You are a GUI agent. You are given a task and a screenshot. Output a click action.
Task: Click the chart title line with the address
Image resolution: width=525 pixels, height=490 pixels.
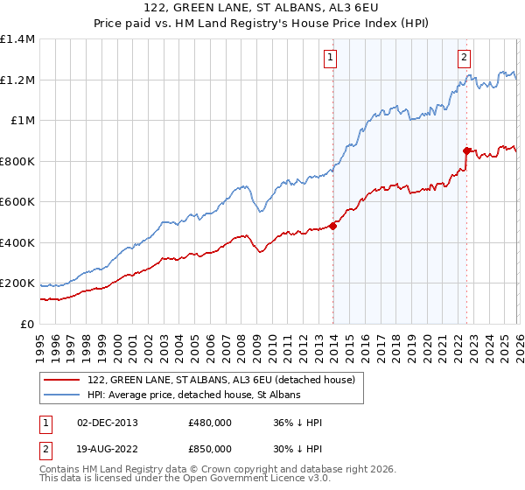tap(262, 8)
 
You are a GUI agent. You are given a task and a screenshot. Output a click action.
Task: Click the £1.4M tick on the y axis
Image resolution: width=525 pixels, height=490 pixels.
tap(17, 39)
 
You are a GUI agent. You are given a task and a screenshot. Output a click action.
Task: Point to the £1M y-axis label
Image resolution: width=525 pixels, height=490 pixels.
tap(22, 121)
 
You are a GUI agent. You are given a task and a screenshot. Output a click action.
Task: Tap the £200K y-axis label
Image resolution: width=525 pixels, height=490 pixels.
tap(17, 283)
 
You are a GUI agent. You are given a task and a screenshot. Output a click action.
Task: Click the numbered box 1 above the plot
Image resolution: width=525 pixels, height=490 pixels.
tap(331, 59)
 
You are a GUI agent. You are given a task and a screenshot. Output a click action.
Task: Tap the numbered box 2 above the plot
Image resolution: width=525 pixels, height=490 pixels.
tap(463, 59)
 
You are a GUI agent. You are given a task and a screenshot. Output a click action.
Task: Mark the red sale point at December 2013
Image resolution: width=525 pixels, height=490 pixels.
tap(333, 227)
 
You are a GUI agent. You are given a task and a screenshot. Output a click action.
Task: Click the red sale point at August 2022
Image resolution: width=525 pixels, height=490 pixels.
tap(467, 150)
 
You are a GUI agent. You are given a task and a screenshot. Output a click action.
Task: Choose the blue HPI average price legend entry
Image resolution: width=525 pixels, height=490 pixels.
tap(193, 395)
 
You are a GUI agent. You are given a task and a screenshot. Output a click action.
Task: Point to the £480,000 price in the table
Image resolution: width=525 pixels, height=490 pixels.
tap(210, 423)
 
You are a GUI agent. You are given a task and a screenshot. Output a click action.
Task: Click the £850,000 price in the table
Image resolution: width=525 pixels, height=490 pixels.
tap(210, 448)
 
